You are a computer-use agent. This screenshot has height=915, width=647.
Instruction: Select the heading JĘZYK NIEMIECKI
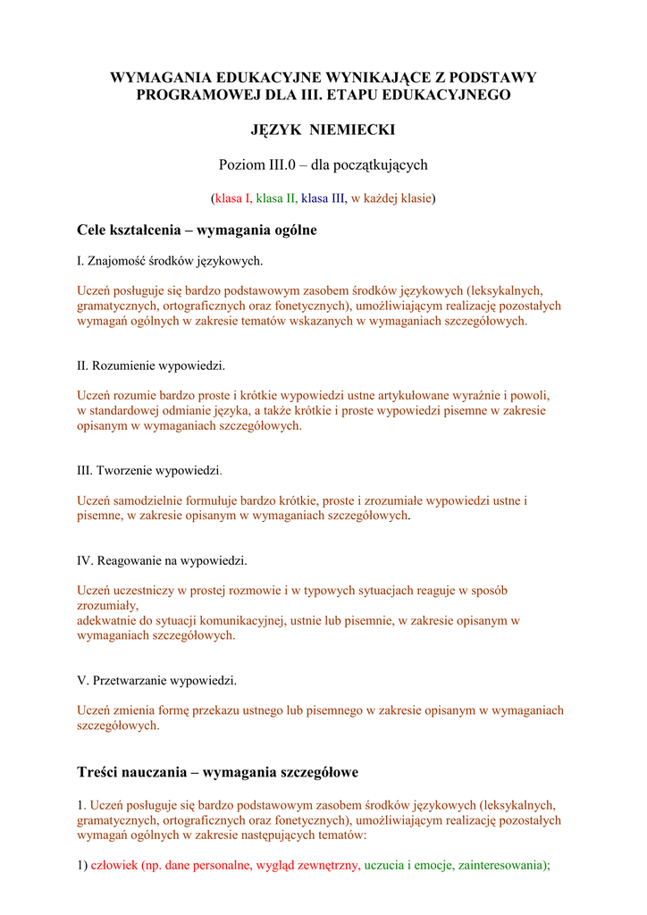323,130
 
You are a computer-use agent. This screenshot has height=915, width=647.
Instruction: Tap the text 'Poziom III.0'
256,164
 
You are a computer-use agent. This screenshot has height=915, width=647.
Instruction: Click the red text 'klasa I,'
233,198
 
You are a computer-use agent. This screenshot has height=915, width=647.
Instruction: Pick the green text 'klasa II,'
277,198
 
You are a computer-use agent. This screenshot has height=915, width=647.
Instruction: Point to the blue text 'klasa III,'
323,198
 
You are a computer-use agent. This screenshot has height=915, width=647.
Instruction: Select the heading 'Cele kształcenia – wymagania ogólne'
197,231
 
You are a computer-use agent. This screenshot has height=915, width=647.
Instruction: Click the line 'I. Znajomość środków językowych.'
170,261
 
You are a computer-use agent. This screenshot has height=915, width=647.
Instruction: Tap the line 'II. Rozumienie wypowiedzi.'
151,366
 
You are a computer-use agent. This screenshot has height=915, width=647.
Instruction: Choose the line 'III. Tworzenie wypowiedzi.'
149,470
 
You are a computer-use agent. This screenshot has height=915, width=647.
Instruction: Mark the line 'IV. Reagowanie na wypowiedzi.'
162,560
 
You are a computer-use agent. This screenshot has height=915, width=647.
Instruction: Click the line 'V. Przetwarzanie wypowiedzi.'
157,680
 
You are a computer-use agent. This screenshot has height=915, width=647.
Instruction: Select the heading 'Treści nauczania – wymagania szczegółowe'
217,771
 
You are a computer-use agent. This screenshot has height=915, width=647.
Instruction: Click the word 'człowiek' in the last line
114,866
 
